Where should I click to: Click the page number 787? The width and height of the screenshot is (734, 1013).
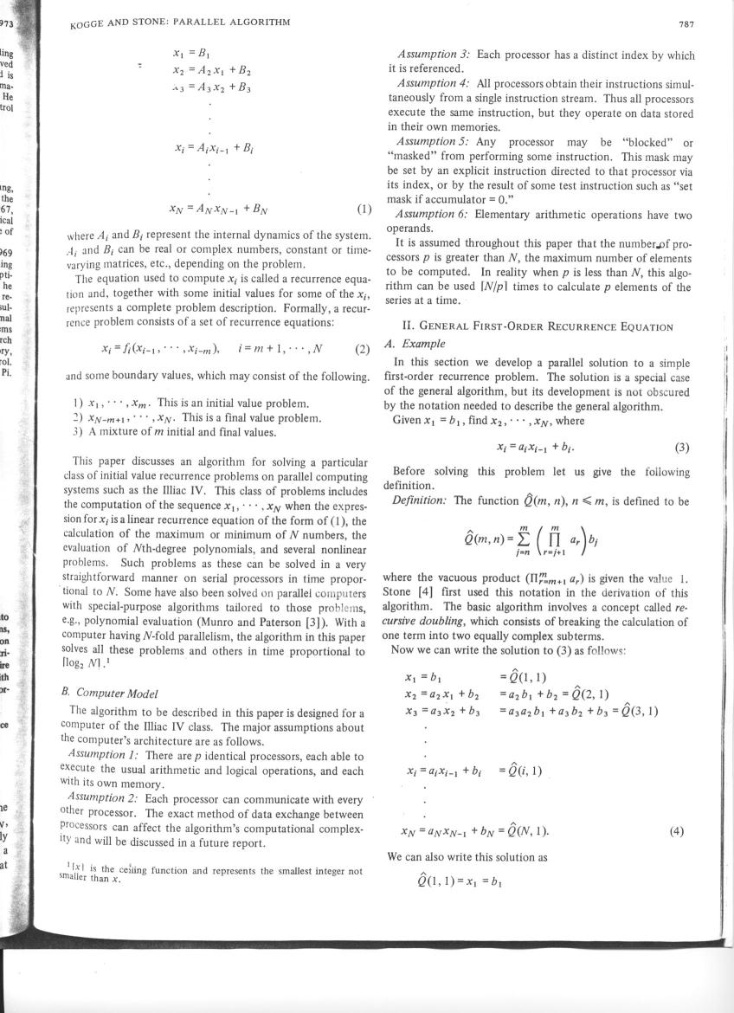pyautogui.click(x=686, y=24)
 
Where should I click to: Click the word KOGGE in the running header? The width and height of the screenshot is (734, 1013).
pyautogui.click(x=88, y=24)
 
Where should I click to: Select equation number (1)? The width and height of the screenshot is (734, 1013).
pyautogui.click(x=364, y=209)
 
